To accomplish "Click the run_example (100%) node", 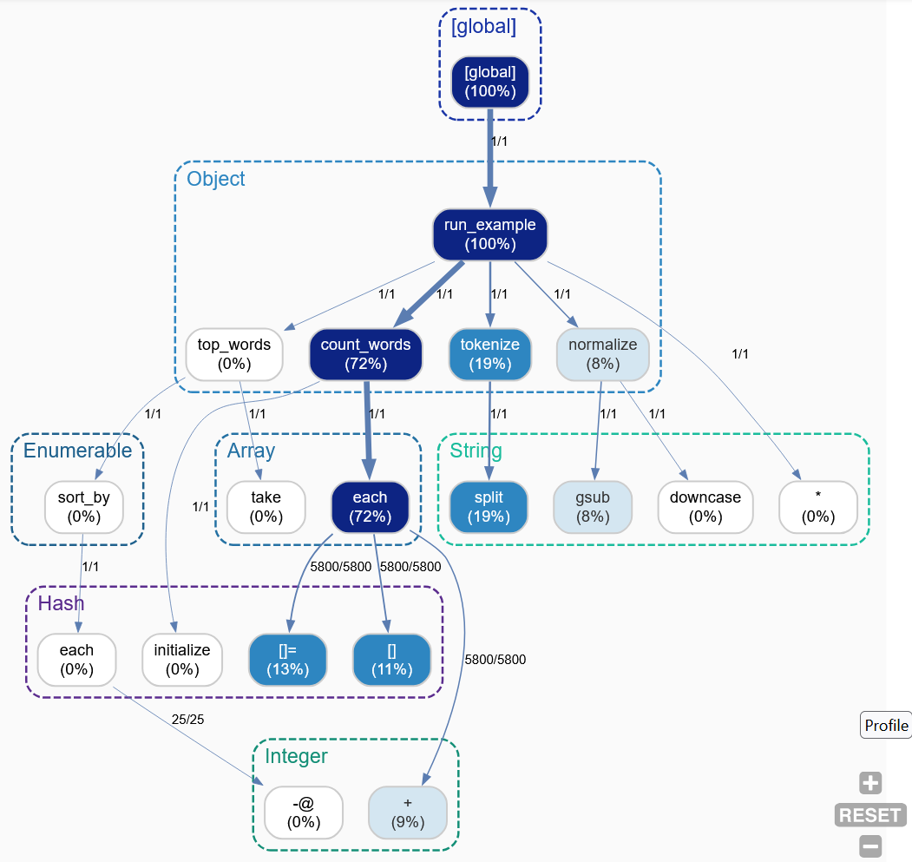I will point(490,234).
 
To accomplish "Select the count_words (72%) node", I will point(365,354).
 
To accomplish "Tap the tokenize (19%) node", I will point(490,354).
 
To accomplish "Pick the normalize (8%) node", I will point(603,354).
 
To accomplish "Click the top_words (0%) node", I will point(234,354).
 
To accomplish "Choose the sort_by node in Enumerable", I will point(84,507).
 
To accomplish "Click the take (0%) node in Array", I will point(266,507).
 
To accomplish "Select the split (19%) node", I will point(489,507).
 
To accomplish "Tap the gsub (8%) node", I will point(594,507).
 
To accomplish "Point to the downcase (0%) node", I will point(705,507).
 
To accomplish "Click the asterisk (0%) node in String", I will point(818,507).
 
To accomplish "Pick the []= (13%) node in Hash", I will point(287,660).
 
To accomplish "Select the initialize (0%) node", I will point(182,660).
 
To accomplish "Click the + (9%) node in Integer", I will point(408,813).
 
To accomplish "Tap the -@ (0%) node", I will point(304,813).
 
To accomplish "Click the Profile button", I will point(886,725).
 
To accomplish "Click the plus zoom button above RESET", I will point(870,783).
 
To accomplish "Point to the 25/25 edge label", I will point(188,719).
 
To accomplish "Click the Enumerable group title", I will point(77,451).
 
